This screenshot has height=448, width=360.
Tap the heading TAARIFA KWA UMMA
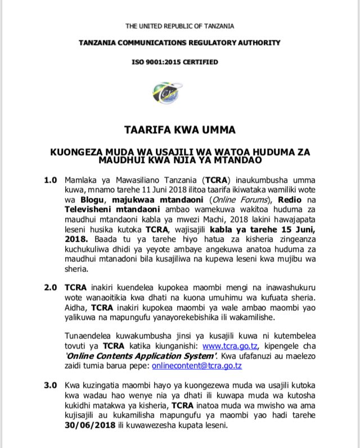[x=180, y=130]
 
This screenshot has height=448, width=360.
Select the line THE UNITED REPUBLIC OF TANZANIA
[x=179, y=26]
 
